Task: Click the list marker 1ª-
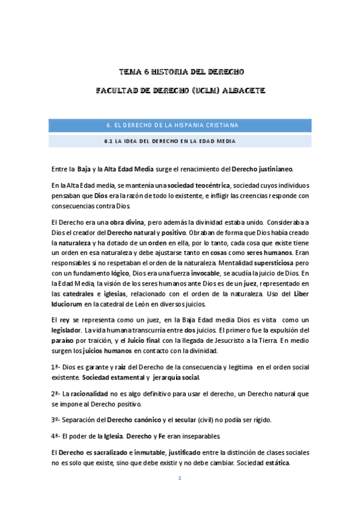[56, 367]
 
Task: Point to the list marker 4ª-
[56, 436]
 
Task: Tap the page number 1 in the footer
[179, 478]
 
